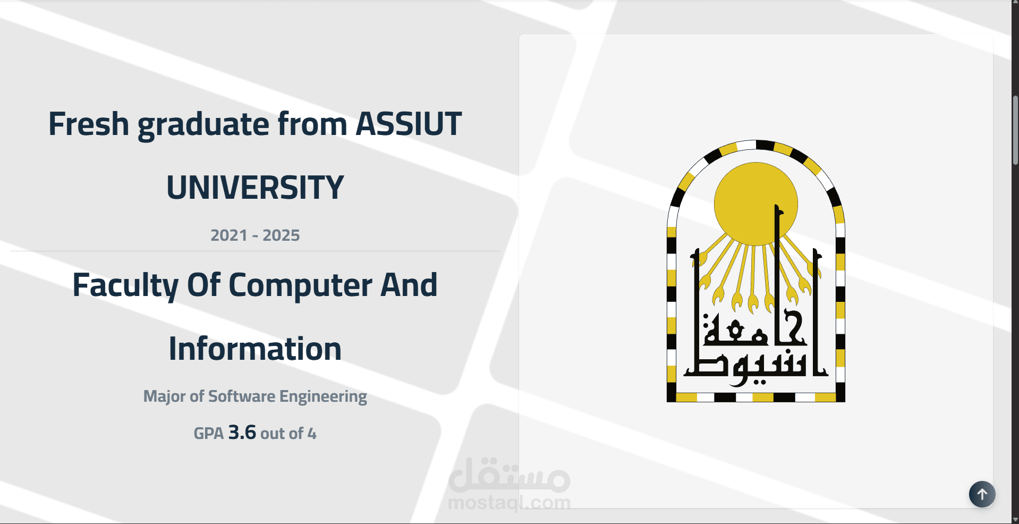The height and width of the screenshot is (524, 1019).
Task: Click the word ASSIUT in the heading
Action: coord(409,124)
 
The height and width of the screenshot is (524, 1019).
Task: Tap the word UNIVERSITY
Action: coord(255,188)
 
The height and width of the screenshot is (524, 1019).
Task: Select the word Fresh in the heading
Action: coord(89,124)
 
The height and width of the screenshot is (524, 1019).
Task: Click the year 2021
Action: coord(229,235)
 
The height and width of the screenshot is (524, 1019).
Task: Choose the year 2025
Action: coord(281,235)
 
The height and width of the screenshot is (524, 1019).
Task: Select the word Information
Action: coord(255,349)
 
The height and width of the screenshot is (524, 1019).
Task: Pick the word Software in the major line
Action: coord(242,396)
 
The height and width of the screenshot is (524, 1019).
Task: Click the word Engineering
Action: coord(323,397)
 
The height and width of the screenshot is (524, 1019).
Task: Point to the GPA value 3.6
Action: coord(242,433)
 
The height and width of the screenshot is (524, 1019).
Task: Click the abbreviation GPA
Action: coord(208,434)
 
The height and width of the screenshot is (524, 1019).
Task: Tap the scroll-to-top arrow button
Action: coord(982,494)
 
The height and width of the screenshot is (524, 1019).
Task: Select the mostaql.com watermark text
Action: coord(509,502)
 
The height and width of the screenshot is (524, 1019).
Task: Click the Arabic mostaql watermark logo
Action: coord(509,475)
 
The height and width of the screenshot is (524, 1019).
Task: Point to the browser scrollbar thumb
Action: coord(1015,130)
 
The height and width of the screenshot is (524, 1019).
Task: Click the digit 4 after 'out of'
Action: coord(312,434)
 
